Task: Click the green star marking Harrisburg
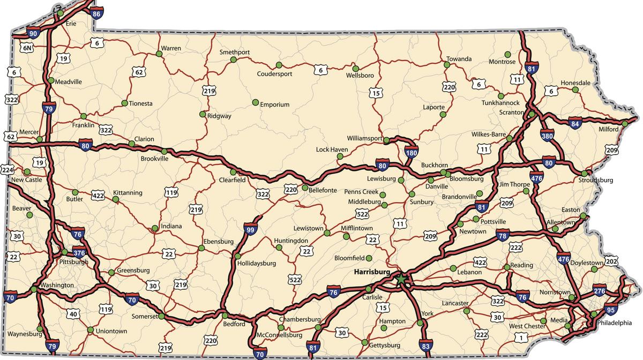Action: point(400,279)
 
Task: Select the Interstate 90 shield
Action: point(33,33)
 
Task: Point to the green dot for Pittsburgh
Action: point(64,252)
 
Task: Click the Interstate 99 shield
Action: point(250,229)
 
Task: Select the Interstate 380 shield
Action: point(547,136)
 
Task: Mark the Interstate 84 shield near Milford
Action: point(575,124)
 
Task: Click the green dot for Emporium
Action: point(255,102)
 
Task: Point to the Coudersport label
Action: point(274,74)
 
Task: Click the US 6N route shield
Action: point(27,48)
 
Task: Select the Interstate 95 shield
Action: point(609,309)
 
